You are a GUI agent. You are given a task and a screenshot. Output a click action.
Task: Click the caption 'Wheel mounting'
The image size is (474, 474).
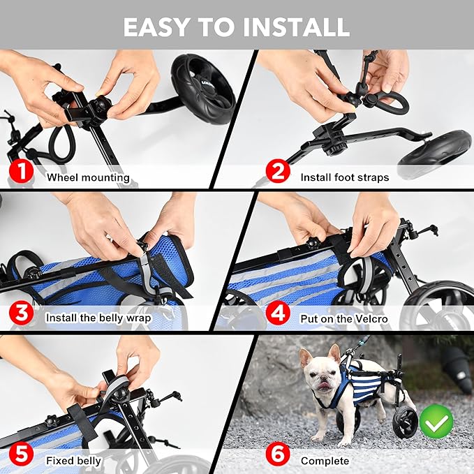(x=88, y=177)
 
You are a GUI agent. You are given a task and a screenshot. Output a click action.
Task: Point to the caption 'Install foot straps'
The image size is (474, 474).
(x=345, y=177)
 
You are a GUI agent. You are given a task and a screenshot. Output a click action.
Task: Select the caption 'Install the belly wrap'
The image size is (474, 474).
(x=98, y=318)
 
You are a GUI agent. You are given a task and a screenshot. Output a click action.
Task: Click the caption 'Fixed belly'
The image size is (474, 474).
(x=74, y=461)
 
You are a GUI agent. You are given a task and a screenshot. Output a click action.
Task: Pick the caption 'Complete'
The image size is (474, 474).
(x=325, y=461)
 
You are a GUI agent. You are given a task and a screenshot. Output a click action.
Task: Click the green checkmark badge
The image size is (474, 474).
(x=436, y=421)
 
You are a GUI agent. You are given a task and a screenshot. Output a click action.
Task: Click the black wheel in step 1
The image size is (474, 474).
(x=203, y=87)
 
